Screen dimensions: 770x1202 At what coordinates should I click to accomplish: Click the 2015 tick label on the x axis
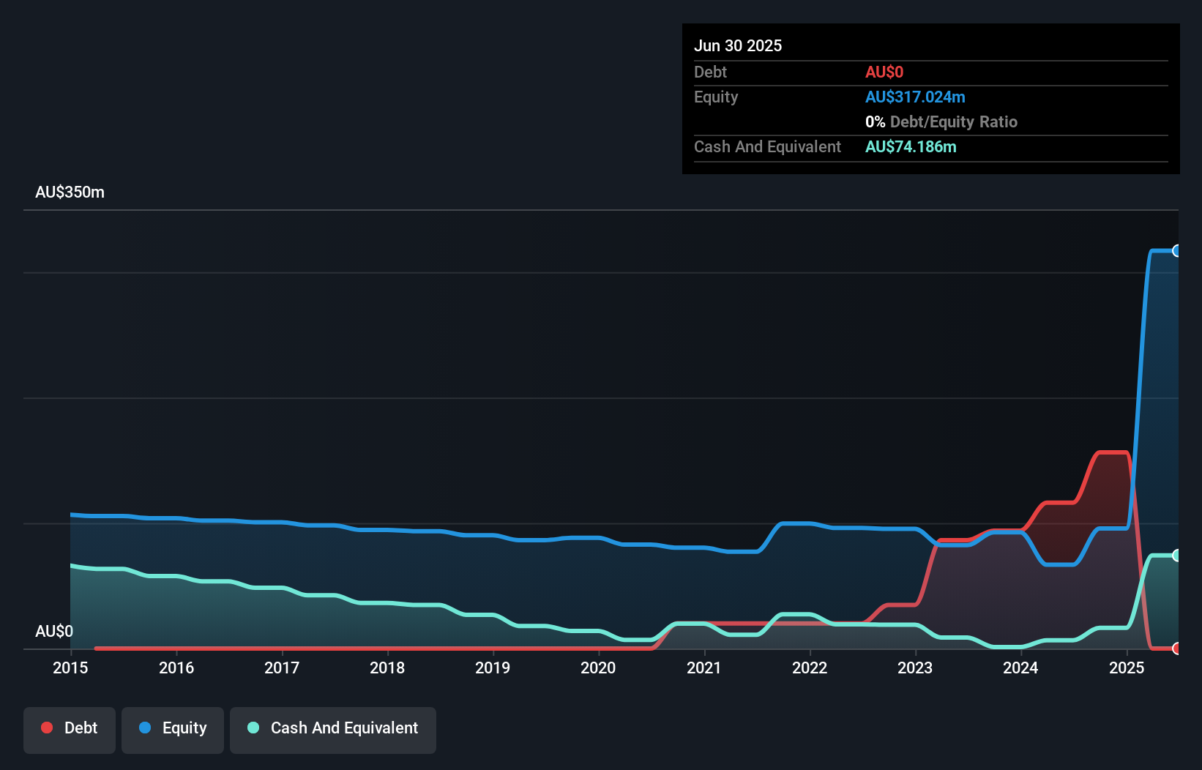(x=70, y=668)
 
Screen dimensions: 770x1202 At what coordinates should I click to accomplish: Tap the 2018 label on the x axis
(x=387, y=668)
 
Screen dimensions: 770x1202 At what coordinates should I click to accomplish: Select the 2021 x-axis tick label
(x=704, y=668)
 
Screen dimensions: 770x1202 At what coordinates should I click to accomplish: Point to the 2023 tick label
(x=915, y=668)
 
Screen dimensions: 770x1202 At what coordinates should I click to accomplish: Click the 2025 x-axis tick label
(x=1127, y=668)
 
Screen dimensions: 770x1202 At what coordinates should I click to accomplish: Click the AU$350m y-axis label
(x=70, y=192)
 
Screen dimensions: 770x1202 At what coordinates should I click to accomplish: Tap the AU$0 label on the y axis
(x=54, y=631)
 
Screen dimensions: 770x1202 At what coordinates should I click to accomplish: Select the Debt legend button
(x=70, y=728)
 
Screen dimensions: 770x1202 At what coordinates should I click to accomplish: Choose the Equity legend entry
(x=173, y=728)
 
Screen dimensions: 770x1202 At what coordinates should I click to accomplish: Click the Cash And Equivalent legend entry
(x=333, y=728)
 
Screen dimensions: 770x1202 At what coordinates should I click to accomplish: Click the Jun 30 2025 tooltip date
(x=738, y=45)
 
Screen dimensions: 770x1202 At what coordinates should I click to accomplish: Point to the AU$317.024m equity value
(x=915, y=97)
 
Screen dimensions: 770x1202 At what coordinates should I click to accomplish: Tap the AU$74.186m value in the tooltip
(x=911, y=146)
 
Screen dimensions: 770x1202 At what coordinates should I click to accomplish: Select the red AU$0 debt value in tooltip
(x=884, y=72)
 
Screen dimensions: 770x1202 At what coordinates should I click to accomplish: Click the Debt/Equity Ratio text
(x=953, y=122)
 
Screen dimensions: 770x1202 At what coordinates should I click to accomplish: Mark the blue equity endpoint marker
(x=1176, y=251)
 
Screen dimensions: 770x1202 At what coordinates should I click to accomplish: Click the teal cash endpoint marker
(x=1176, y=556)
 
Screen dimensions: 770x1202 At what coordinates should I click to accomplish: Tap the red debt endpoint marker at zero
(x=1176, y=648)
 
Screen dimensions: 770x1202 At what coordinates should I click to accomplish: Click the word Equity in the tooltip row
(x=716, y=97)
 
